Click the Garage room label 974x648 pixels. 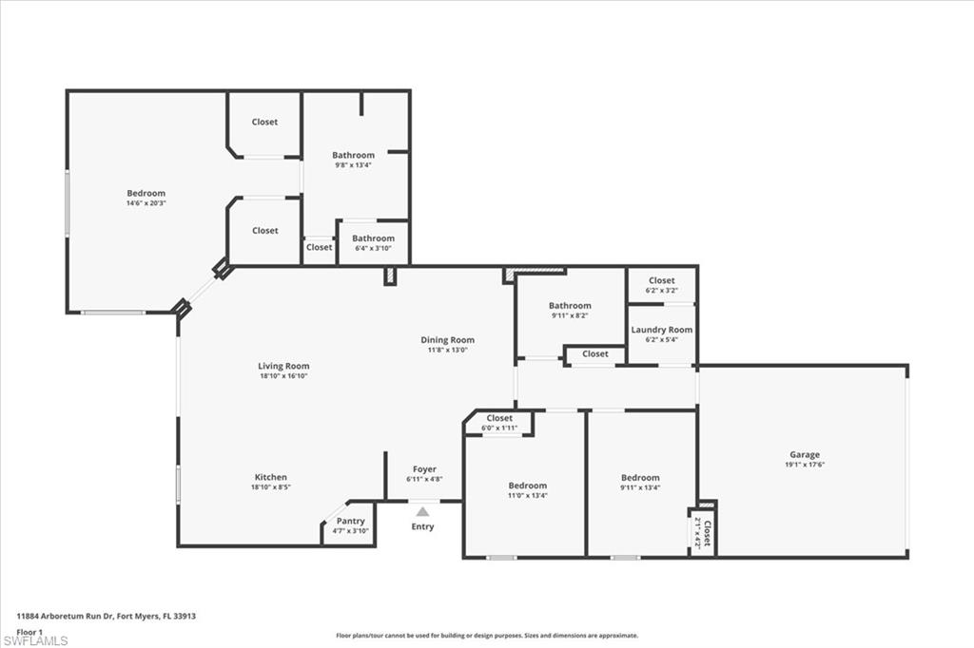pos(804,454)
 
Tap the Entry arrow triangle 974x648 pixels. pos(422,512)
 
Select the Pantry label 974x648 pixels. pos(350,521)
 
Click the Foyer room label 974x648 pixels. pos(424,469)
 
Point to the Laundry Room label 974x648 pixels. pos(662,330)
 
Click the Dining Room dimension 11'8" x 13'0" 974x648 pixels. pos(447,350)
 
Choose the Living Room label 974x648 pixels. pos(283,366)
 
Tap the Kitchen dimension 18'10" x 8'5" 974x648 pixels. pos(270,487)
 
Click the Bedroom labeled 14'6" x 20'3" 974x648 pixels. pos(146,194)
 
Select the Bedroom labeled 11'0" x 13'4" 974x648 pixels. pos(527,486)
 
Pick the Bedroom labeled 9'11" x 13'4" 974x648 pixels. pos(640,478)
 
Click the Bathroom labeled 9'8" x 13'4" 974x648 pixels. pos(353,155)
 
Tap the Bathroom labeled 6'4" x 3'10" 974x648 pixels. pos(373,238)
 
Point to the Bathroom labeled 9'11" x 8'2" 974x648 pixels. pos(570,306)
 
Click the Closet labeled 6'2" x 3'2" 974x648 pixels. pos(662,280)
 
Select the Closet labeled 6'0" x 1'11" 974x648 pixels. pos(499,418)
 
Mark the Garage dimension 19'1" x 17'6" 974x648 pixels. pos(804,465)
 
